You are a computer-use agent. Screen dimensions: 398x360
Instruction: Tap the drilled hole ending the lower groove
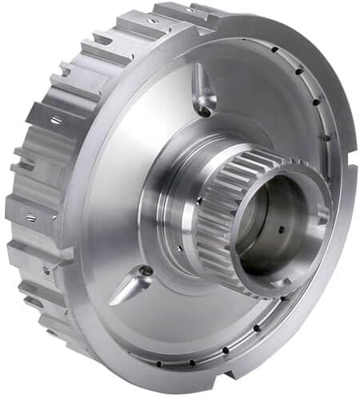(x=146, y=271)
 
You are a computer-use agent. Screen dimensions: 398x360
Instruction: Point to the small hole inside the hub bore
(x=282, y=230)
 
